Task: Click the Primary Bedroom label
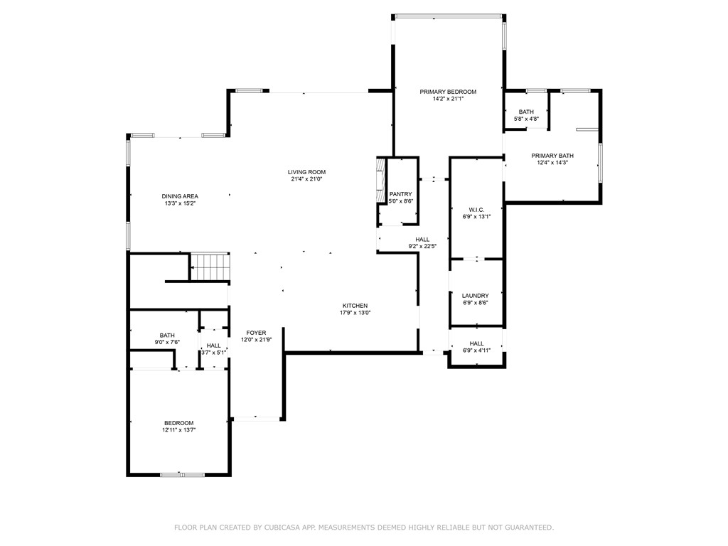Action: [447, 92]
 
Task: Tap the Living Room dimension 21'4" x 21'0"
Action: [306, 180]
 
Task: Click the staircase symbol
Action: [210, 267]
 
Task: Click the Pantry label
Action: [400, 194]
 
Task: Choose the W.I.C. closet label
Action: [476, 210]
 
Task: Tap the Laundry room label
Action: [475, 296]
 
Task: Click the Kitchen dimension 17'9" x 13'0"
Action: [355, 313]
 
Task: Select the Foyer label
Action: [256, 333]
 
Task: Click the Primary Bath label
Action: [552, 156]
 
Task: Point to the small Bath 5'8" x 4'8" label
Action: [526, 112]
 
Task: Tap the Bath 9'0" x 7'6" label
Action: [167, 336]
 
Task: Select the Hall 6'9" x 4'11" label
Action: [476, 343]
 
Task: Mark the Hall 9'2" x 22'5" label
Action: [422, 240]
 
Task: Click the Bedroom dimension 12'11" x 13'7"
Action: [178, 430]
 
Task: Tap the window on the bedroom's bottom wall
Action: [182, 474]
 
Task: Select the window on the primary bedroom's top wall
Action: [448, 16]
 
